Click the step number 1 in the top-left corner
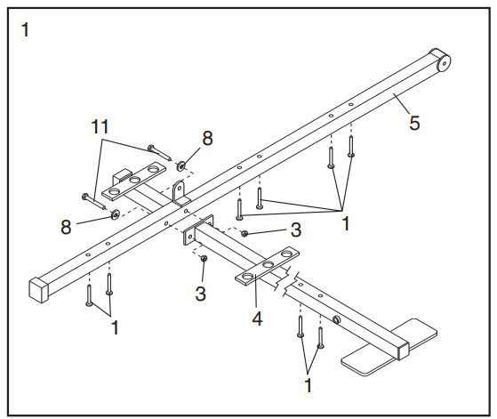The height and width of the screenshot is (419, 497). (25, 30)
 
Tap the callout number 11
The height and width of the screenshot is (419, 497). (100, 126)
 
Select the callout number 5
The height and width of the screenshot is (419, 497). (414, 123)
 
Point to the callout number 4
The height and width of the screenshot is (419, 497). (257, 318)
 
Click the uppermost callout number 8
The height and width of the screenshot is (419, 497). (207, 138)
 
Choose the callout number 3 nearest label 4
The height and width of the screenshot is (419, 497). (200, 294)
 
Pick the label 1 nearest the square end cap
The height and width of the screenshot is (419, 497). (115, 327)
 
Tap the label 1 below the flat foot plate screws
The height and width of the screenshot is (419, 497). (308, 385)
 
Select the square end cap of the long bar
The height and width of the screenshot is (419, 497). (39, 290)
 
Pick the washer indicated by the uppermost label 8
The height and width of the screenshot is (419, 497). (181, 165)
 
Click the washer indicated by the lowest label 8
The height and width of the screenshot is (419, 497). (115, 214)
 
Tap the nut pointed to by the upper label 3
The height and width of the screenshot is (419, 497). (244, 234)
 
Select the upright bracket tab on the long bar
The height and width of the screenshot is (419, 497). (179, 191)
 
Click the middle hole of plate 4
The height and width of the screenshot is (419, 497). (269, 264)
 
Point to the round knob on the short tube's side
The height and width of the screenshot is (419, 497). (337, 319)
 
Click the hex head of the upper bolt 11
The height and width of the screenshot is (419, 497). (151, 147)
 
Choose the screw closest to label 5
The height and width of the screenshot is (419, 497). (351, 146)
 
